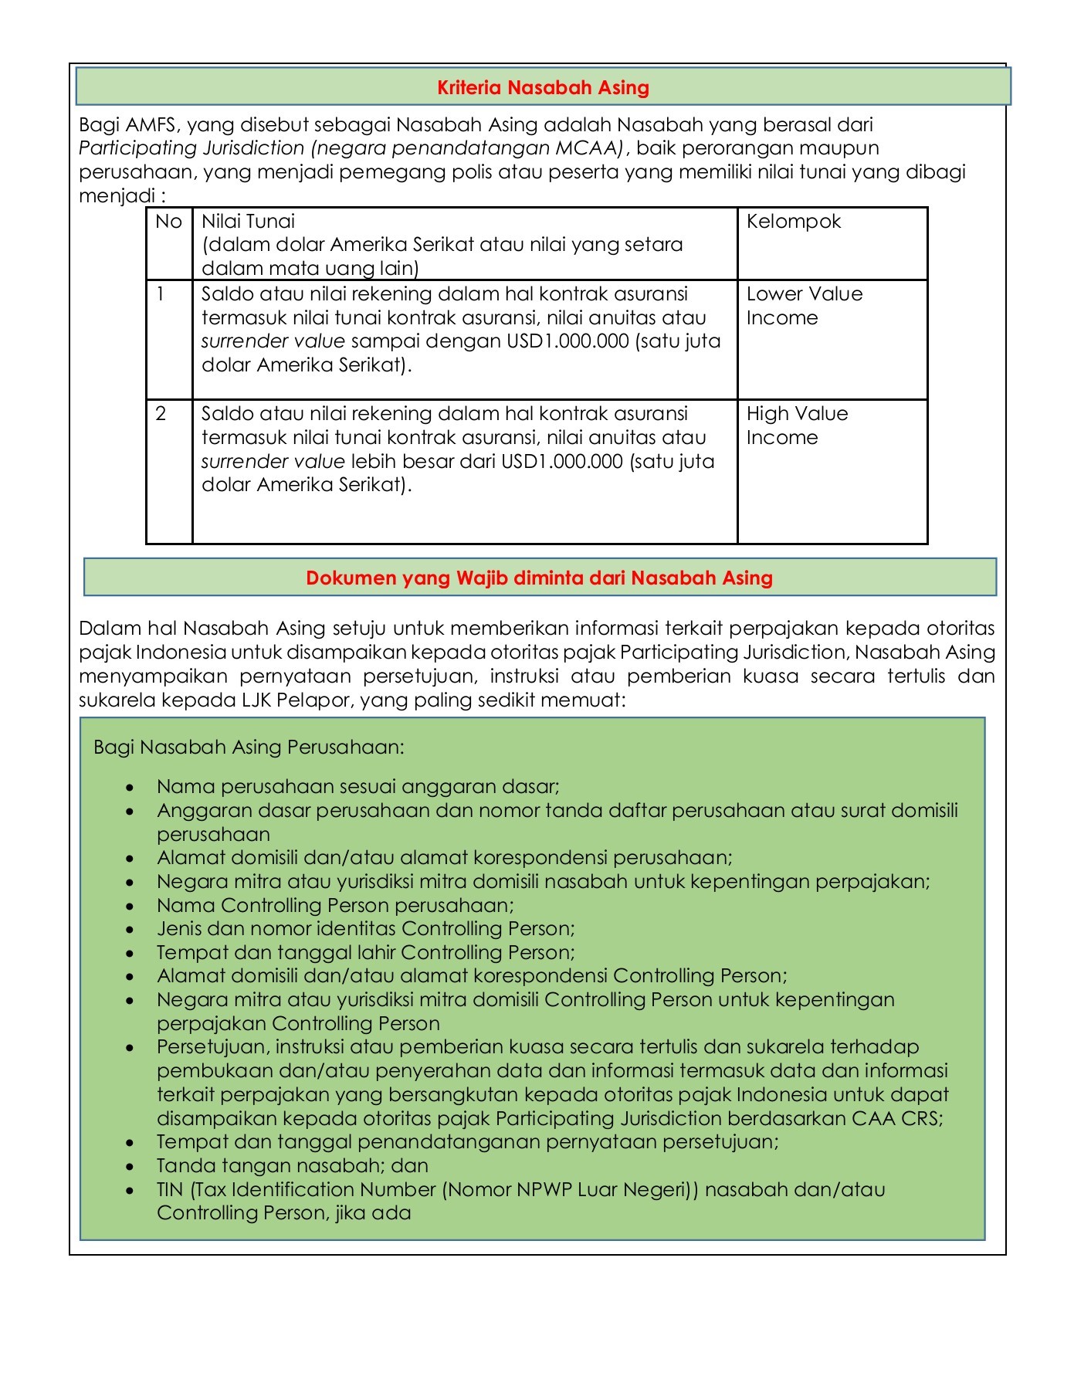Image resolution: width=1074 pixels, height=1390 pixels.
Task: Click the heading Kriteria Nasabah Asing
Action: pyautogui.click(x=543, y=87)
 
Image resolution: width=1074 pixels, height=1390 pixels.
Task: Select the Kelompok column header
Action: pyautogui.click(x=793, y=222)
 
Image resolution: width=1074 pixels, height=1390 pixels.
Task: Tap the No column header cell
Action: pyautogui.click(x=168, y=222)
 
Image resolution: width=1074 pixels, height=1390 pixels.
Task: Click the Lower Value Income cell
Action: pyautogui.click(x=804, y=306)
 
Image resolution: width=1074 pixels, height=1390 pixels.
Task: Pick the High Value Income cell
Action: pyautogui.click(x=797, y=425)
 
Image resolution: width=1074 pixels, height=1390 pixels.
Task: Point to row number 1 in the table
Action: pyautogui.click(x=161, y=294)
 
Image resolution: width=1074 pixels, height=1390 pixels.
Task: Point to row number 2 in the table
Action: pyautogui.click(x=161, y=414)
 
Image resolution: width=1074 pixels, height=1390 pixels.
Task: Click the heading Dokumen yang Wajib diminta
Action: pyautogui.click(x=539, y=578)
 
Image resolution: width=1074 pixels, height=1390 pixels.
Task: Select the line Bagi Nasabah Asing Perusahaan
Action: pyautogui.click(x=249, y=748)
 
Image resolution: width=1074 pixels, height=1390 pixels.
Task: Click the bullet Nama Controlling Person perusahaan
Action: pyautogui.click(x=335, y=905)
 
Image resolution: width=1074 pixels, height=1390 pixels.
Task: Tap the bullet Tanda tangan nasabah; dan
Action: pyautogui.click(x=292, y=1165)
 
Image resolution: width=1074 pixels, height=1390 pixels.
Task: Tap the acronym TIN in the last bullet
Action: pyautogui.click(x=169, y=1189)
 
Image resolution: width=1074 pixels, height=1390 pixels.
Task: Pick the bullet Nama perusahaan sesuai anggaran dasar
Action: pyautogui.click(x=357, y=787)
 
